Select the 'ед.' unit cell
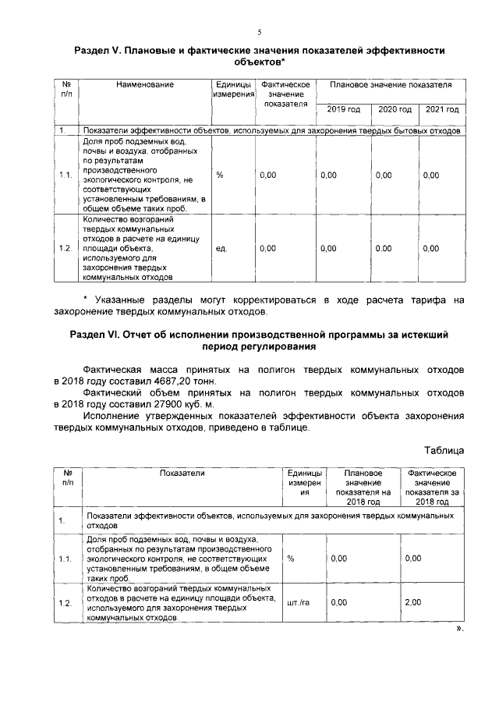(x=221, y=248)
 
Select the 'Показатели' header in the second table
(x=182, y=474)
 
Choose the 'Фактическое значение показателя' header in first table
(x=286, y=94)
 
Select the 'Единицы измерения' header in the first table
(x=235, y=89)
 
